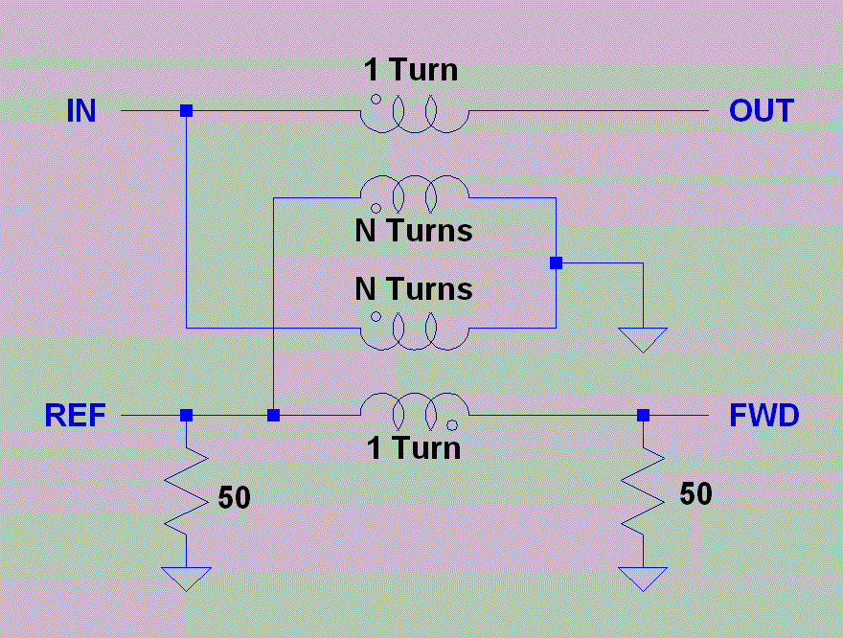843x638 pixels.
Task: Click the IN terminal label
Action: pos(80,111)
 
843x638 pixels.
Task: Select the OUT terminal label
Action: pos(761,111)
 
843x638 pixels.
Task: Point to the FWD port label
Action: pos(763,416)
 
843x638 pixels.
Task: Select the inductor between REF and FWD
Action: pos(414,409)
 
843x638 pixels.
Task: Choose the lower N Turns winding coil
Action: pos(414,331)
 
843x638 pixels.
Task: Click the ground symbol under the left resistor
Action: pos(186,578)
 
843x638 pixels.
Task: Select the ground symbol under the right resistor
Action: pos(643,578)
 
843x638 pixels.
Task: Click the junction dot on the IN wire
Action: pos(186,111)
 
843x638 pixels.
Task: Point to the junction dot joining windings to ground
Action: pos(555,262)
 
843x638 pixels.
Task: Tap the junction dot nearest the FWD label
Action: pos(643,415)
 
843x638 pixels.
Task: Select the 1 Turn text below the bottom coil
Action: pos(414,447)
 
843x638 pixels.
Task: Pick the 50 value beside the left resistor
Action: pos(234,498)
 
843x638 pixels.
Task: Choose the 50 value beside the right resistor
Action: pos(695,493)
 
